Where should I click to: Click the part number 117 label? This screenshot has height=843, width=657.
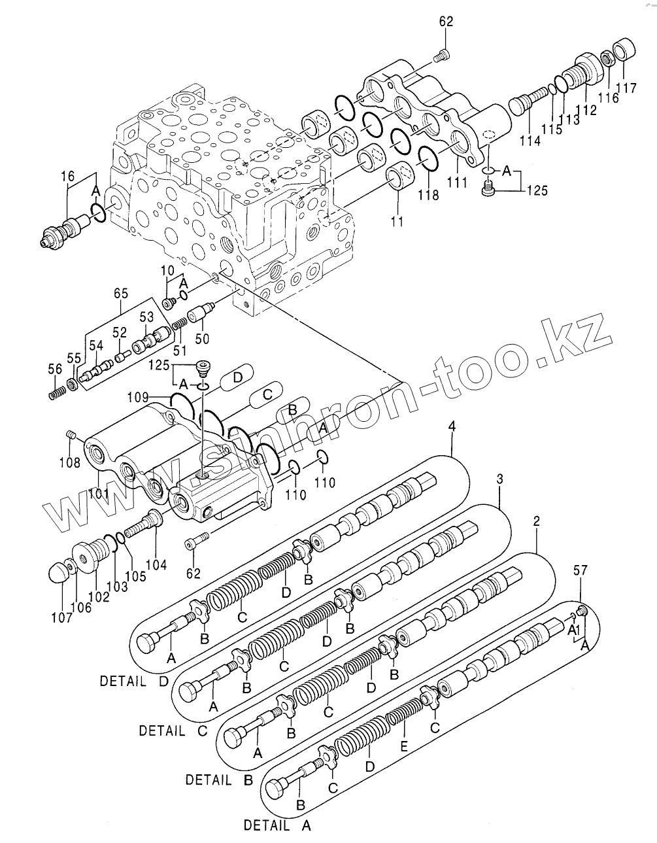tap(629, 87)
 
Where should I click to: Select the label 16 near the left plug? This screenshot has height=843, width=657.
tap(69, 176)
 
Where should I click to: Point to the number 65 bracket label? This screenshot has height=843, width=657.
tap(121, 294)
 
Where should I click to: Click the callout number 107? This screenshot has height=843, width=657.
tap(62, 617)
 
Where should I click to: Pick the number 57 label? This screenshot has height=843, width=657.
tap(581, 570)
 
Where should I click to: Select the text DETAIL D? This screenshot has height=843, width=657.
tap(133, 681)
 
